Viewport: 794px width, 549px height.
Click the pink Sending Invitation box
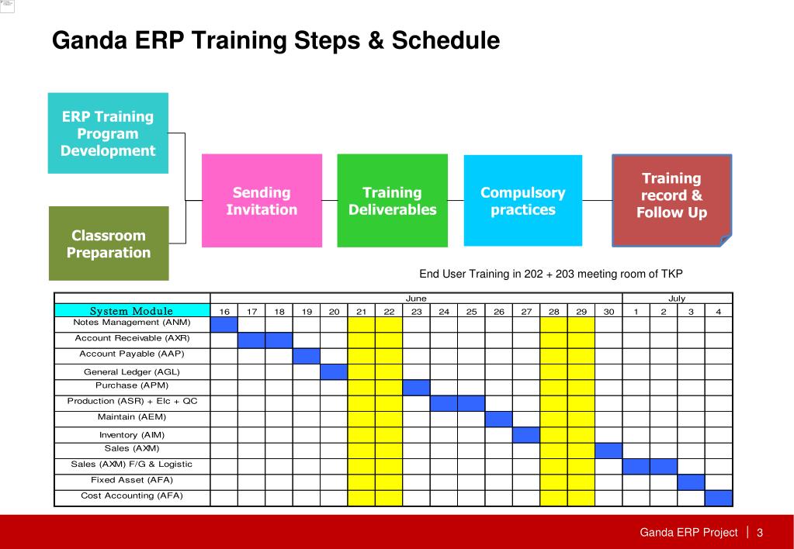[262, 200]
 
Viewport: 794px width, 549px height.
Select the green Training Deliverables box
[393, 200]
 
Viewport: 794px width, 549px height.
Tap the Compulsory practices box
[523, 200]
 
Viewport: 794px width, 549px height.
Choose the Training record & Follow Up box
[672, 200]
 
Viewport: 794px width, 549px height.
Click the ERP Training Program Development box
[108, 133]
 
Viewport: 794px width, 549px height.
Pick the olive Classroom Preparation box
[109, 243]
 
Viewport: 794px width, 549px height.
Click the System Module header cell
[132, 311]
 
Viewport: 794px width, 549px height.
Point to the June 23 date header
[416, 312]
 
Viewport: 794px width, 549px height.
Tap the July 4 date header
[719, 312]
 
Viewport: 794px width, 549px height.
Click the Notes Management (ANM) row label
[132, 323]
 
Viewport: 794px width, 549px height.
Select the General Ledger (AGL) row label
[132, 372]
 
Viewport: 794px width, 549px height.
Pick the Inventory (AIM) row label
[132, 435]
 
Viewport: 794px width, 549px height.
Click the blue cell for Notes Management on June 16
[224, 325]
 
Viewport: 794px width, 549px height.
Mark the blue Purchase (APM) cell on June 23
[416, 388]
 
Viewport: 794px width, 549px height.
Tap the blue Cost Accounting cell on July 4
[719, 498]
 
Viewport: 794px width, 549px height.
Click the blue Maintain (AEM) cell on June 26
[499, 419]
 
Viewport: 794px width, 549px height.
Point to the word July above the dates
[677, 299]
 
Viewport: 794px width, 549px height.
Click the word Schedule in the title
[446, 40]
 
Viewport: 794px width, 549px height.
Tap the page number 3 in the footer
[760, 532]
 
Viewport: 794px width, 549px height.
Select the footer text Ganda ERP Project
[688, 532]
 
